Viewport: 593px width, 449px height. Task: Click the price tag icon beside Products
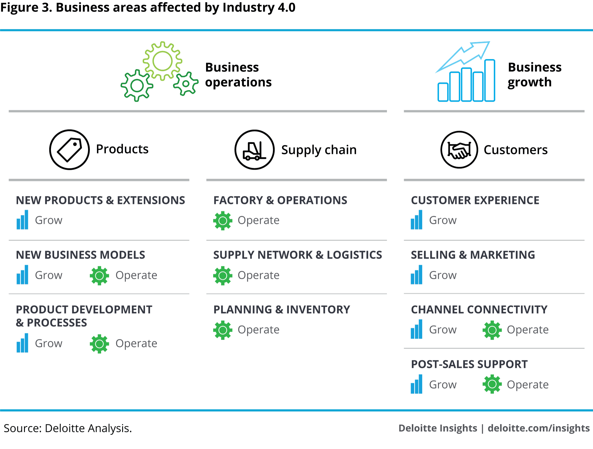[x=69, y=150]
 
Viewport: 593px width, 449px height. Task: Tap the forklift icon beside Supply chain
[x=254, y=150]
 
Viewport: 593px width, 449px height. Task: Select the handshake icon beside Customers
[x=459, y=150]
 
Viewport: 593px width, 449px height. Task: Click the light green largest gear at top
[x=162, y=61]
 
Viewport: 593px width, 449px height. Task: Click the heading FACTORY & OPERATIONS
[x=280, y=200]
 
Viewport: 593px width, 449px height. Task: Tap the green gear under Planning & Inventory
[x=223, y=330]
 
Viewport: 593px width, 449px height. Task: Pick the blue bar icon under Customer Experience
[x=416, y=220]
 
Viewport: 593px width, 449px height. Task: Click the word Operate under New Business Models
[x=136, y=275]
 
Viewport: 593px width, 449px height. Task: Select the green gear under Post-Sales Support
[x=492, y=384]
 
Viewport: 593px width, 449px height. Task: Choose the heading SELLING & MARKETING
[x=473, y=255]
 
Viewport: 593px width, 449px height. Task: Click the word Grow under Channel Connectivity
[x=443, y=330]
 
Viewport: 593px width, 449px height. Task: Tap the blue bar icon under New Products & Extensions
[x=23, y=220]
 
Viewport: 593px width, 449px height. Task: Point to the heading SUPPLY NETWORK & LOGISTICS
[x=298, y=255]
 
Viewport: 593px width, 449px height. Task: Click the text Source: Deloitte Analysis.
[x=68, y=428]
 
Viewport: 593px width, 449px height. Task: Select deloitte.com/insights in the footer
[x=538, y=428]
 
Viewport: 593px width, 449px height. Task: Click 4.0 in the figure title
[x=286, y=7]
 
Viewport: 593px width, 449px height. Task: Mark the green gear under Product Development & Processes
[x=99, y=344]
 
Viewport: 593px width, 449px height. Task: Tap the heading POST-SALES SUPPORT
[x=469, y=364]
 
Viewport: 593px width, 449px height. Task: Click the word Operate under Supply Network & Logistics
[x=258, y=275]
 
